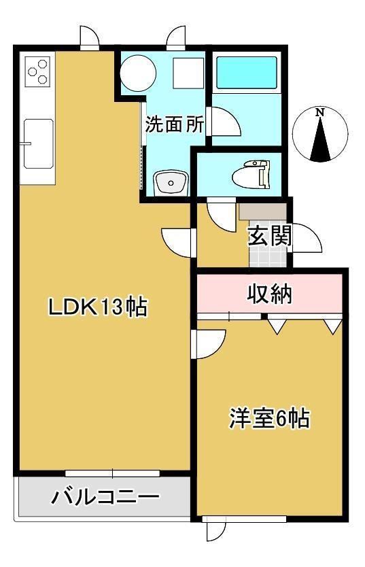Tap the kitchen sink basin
tap(38, 143)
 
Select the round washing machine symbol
tap(138, 73)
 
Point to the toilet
tap(251, 175)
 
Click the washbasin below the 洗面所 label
tap(171, 183)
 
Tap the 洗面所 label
tap(175, 124)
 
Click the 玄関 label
tap(270, 237)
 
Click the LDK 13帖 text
tap(98, 307)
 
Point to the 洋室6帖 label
tap(270, 419)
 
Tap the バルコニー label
tap(105, 497)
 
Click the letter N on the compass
tap(320, 112)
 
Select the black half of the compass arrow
tap(325, 140)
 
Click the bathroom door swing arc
tap(226, 122)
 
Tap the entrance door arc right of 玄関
tap(307, 237)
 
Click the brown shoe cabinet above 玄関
tap(263, 211)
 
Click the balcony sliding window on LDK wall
tap(112, 473)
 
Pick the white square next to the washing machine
tap(188, 73)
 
